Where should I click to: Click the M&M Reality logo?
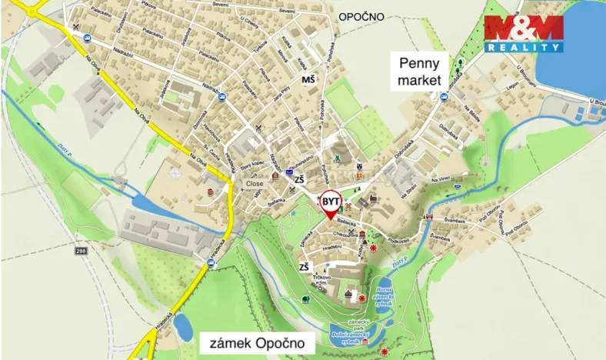[x=523, y=33]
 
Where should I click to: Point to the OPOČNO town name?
[x=361, y=15]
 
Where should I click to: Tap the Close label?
[x=255, y=184]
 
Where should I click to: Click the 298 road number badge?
[x=81, y=250]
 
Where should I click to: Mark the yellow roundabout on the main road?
[x=32, y=12]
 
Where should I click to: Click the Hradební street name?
[x=331, y=248]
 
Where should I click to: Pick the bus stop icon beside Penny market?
[x=443, y=96]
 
